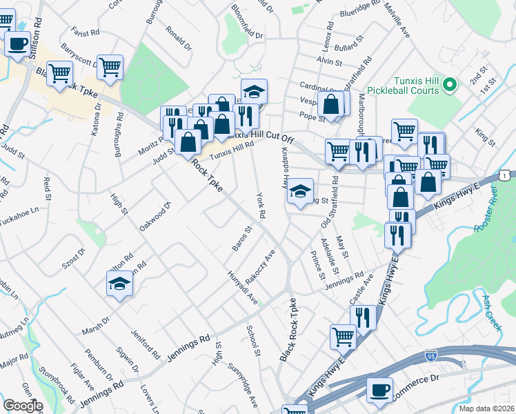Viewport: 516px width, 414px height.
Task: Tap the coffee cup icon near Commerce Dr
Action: point(379,391)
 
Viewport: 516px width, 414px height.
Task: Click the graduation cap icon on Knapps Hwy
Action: point(300,191)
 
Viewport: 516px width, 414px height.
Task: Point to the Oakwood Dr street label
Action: point(155,217)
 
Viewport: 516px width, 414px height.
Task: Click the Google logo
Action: point(23,406)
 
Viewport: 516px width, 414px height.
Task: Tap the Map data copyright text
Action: point(486,408)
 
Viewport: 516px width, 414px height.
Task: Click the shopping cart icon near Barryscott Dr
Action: point(110,68)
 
